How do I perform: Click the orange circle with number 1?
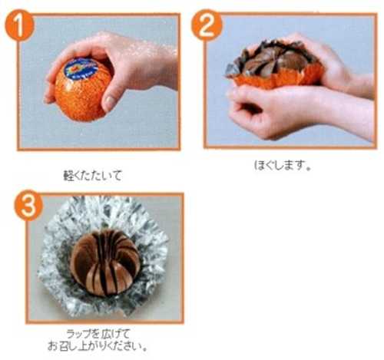pos(19,25)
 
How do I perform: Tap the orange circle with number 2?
pos(207,25)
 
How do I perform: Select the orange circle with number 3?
pos(28,205)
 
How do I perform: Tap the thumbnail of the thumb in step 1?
pos(110,101)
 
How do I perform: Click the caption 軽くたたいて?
pos(92,176)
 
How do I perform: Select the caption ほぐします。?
pos(283,165)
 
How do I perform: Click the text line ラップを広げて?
pos(98,334)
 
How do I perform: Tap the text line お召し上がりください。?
pos(98,346)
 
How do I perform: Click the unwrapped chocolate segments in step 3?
pos(105,263)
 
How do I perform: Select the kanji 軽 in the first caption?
pos(68,176)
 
